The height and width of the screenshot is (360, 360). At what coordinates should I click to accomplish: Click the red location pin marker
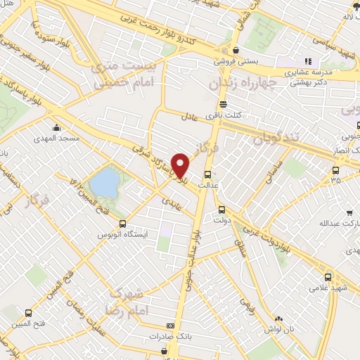tap(181, 165)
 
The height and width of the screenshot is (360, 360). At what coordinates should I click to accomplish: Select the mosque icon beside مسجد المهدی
tap(58, 129)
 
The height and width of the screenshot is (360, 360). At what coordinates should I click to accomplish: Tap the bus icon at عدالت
tap(207, 175)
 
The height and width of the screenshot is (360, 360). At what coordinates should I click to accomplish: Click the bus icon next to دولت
tap(222, 209)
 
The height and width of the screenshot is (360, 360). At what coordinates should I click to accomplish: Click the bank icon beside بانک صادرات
tap(169, 326)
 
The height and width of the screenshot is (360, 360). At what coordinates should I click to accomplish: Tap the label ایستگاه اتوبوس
tap(121, 232)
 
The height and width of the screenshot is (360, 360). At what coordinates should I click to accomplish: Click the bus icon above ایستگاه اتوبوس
tap(121, 221)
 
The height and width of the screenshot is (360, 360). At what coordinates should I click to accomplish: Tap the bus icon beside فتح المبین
tap(29, 313)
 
